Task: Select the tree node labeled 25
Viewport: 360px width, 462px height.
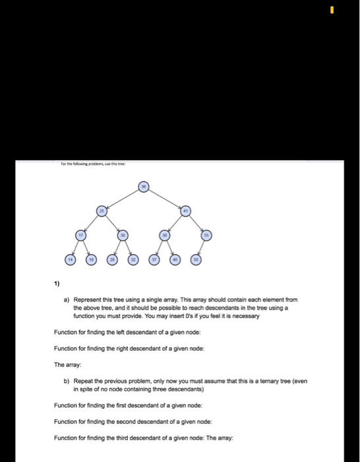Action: click(x=103, y=211)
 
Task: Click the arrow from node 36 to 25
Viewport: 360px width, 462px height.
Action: click(x=124, y=199)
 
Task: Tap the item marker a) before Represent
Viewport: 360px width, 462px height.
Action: click(x=67, y=299)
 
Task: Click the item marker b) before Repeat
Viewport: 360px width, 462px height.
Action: click(x=67, y=381)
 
